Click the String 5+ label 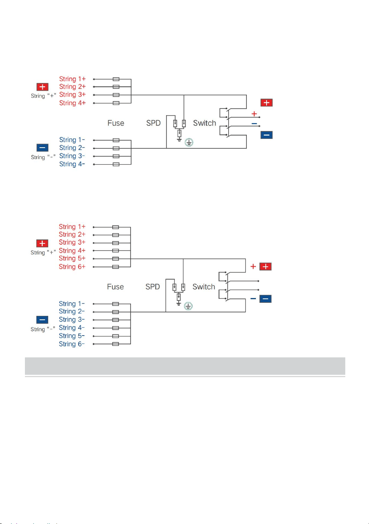tap(72, 258)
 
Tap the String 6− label tap(72, 344)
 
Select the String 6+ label tap(72, 266)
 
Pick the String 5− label tap(72, 336)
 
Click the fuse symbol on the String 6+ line tap(115, 267)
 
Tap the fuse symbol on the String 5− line tap(115, 336)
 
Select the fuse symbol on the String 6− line tap(115, 344)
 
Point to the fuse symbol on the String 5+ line tap(115, 259)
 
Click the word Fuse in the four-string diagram tap(116, 123)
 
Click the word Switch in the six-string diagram tap(204, 287)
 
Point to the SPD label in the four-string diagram tap(153, 123)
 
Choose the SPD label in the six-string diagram tap(153, 287)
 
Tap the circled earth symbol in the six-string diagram tap(188, 306)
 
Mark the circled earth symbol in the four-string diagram tap(189, 142)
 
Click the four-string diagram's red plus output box tap(267, 103)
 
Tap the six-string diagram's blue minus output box tap(265, 299)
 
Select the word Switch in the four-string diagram tap(204, 123)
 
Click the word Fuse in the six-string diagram tap(115, 287)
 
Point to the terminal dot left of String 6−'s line tap(94, 344)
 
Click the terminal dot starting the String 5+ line tap(94, 259)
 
